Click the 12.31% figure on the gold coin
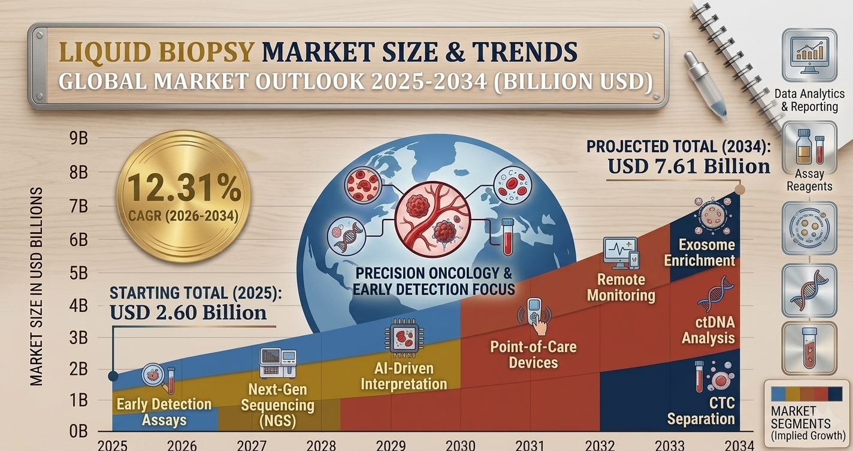184,188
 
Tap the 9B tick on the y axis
78,139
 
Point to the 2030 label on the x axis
461,446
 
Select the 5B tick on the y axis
78,273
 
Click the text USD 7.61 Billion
688,167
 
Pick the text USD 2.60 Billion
188,312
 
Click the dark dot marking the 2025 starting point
113,376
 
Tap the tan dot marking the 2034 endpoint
740,190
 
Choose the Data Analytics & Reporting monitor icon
809,56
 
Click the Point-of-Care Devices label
533,354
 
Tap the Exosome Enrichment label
700,252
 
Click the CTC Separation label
701,411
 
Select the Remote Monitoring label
621,287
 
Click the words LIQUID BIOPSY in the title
156,52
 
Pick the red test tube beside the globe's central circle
507,237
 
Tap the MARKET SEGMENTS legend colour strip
806,394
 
